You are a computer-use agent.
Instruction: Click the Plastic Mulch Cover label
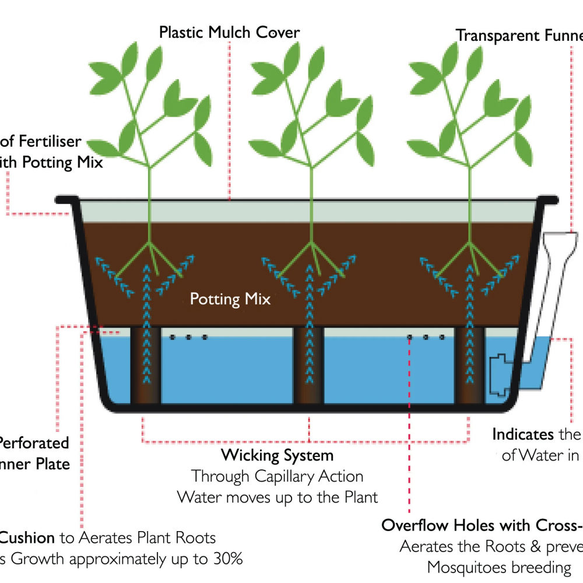(x=230, y=32)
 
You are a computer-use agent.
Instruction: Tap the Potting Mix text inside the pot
(x=230, y=300)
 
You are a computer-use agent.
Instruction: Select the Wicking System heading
(x=277, y=455)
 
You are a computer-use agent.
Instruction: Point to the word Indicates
(x=523, y=434)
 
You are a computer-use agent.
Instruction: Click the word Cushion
(x=28, y=538)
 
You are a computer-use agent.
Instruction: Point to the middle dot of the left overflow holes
(x=188, y=337)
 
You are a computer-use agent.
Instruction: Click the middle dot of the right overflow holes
(x=426, y=337)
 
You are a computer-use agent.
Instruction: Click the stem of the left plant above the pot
(x=150, y=181)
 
